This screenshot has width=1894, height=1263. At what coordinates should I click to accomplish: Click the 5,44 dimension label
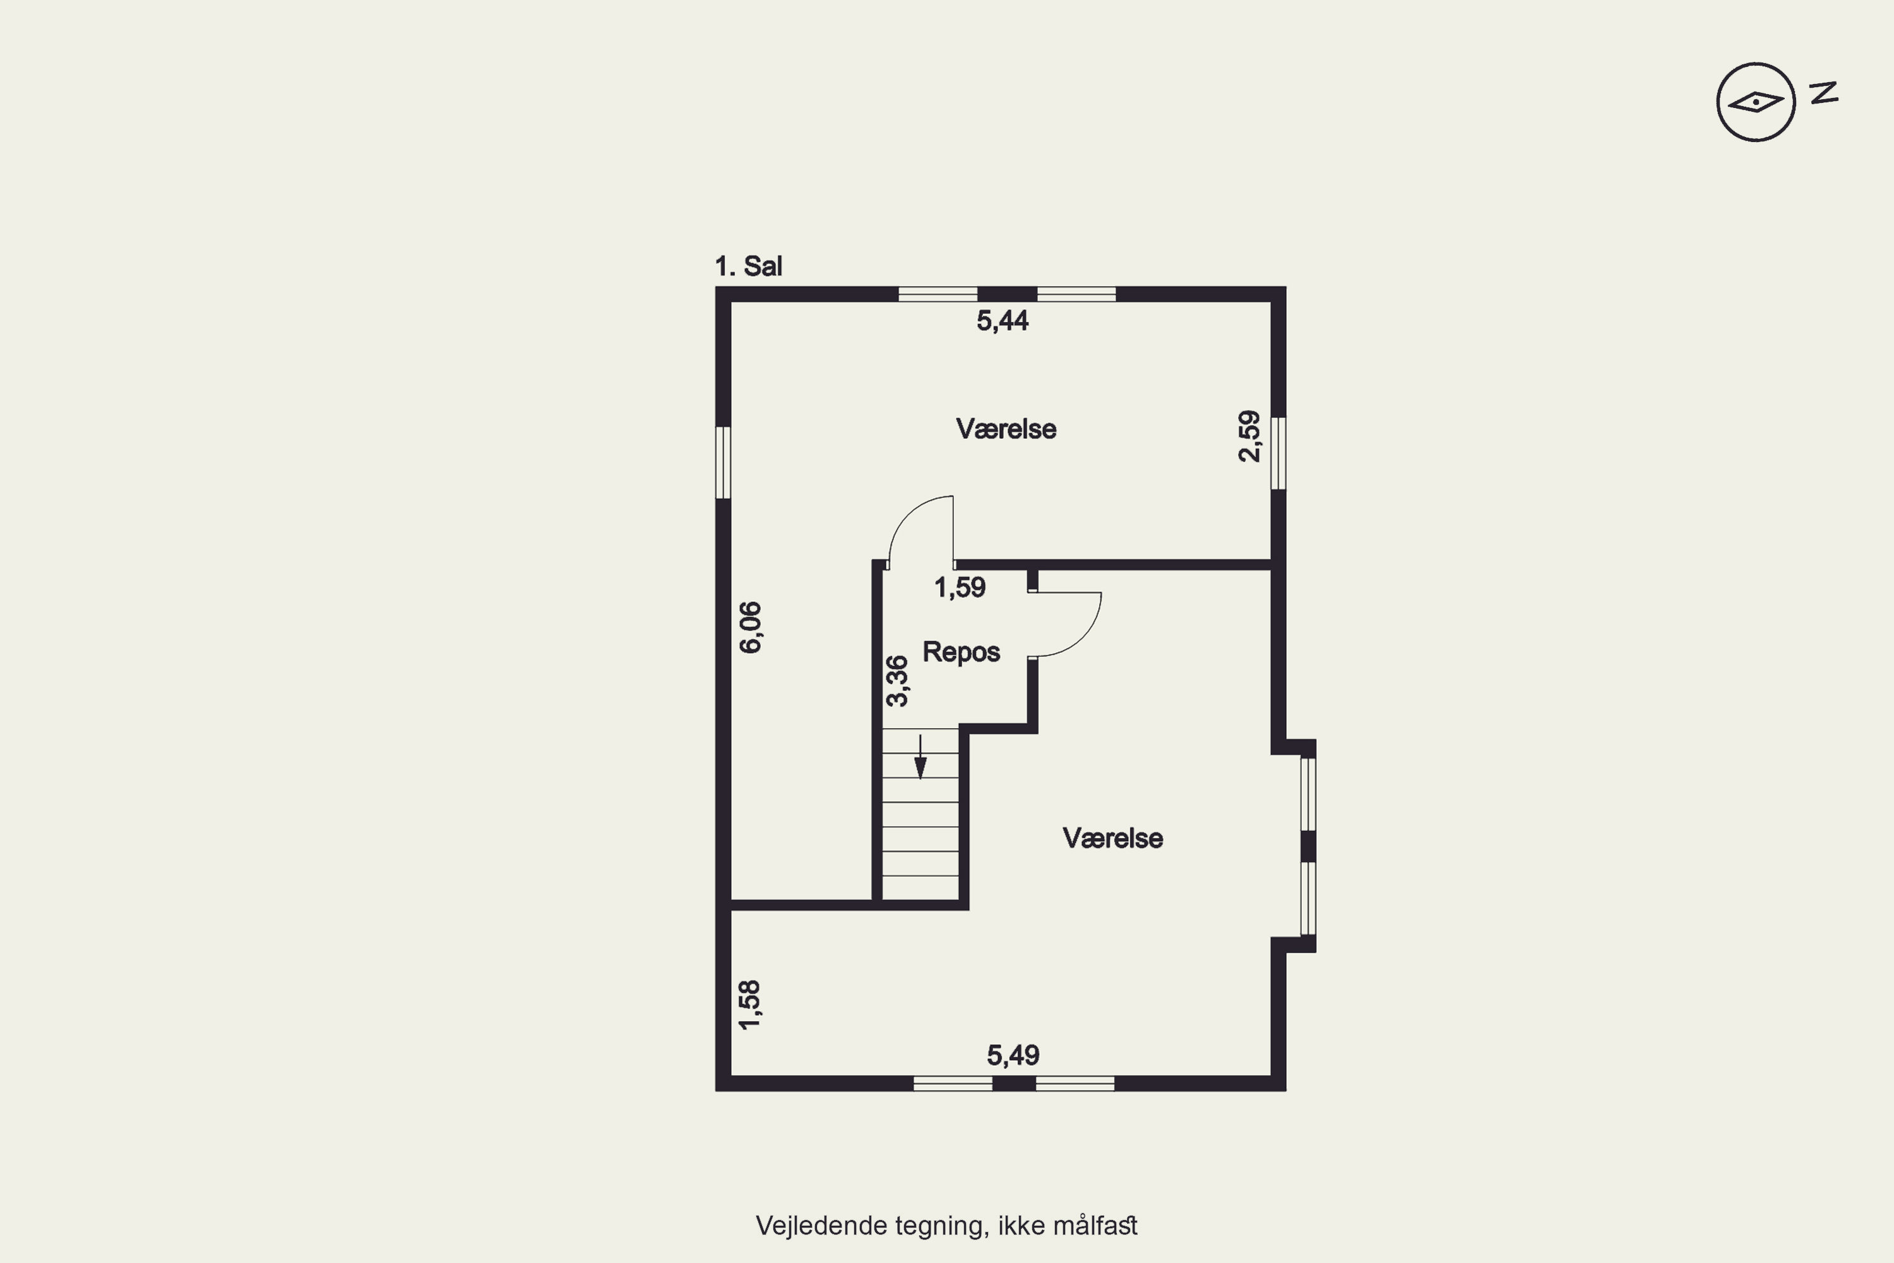pyautogui.click(x=1003, y=321)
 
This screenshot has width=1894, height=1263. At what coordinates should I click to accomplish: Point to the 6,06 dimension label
pyautogui.click(x=750, y=628)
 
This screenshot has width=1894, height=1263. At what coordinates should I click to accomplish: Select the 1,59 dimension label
pyautogui.click(x=960, y=587)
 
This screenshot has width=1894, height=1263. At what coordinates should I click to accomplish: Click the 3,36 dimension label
pyautogui.click(x=896, y=681)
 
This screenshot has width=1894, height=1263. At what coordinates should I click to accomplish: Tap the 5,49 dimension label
pyautogui.click(x=1013, y=1055)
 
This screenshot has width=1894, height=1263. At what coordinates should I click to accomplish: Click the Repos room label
pyautogui.click(x=962, y=652)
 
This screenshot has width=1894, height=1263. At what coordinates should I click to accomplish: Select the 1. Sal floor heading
pyautogui.click(x=749, y=266)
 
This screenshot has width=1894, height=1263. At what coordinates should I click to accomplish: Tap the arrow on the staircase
pyautogui.click(x=920, y=757)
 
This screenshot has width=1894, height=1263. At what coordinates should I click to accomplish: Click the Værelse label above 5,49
pyautogui.click(x=1113, y=839)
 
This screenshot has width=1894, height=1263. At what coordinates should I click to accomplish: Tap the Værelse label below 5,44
pyautogui.click(x=1006, y=429)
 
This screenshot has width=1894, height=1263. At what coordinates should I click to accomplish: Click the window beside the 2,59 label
pyautogui.click(x=1278, y=453)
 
